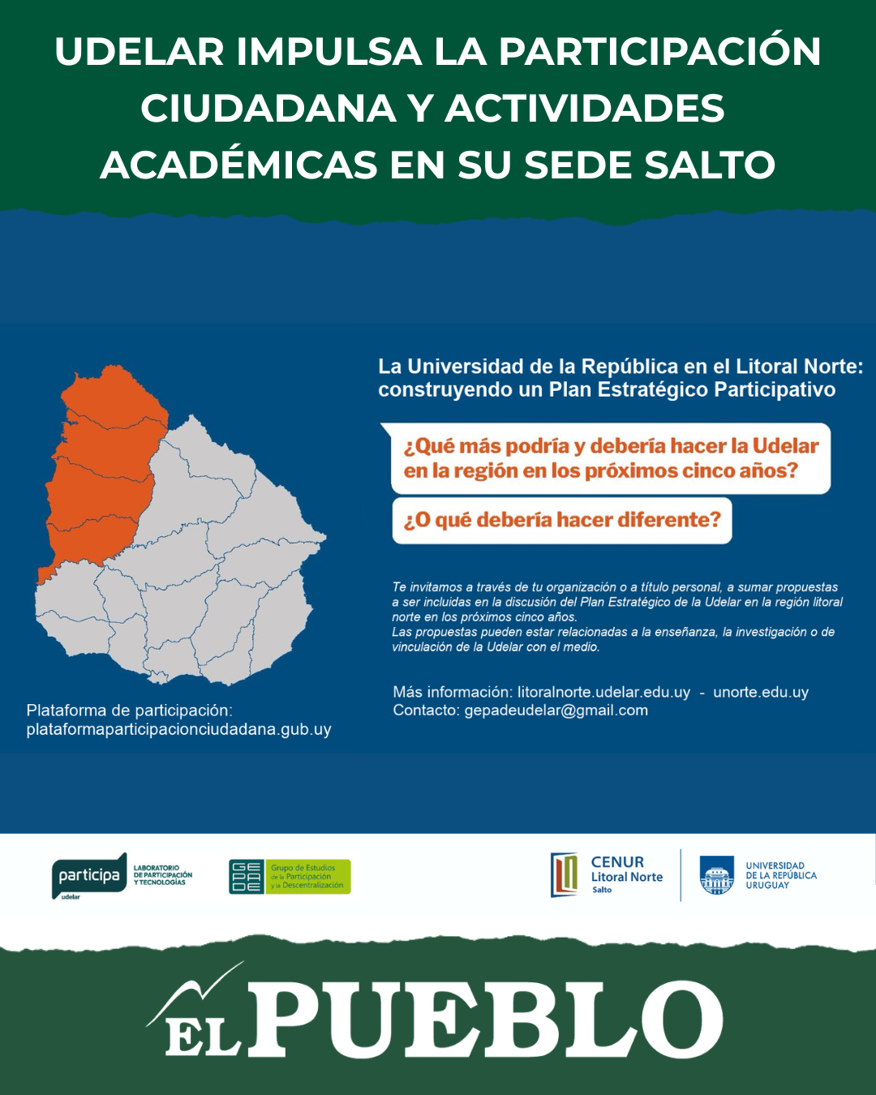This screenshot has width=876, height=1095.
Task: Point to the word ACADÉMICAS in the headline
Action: coord(239,165)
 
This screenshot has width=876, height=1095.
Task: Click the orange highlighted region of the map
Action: coord(101,470)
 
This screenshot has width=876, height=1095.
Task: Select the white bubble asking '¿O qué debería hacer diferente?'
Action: coord(562,520)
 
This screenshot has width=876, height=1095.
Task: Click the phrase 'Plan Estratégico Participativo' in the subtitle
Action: coord(692,390)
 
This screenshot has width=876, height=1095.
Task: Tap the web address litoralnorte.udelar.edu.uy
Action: coord(603,693)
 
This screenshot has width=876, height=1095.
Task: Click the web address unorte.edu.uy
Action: coord(761,693)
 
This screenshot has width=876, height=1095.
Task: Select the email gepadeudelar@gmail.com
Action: coord(556,711)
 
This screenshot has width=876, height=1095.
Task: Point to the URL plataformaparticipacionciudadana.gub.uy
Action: coord(178,729)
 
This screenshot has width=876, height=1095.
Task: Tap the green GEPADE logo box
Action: coord(246,877)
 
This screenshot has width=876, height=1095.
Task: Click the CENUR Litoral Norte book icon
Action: coord(565,875)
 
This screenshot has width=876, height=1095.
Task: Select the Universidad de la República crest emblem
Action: coord(717,876)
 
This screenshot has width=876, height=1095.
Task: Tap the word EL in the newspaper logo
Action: coord(203,1034)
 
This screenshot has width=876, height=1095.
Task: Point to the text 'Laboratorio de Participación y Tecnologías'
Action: coord(163,875)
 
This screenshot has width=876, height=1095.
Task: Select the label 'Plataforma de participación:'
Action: coord(130,711)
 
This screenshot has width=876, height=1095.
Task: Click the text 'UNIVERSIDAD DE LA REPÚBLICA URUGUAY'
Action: coord(781,876)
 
